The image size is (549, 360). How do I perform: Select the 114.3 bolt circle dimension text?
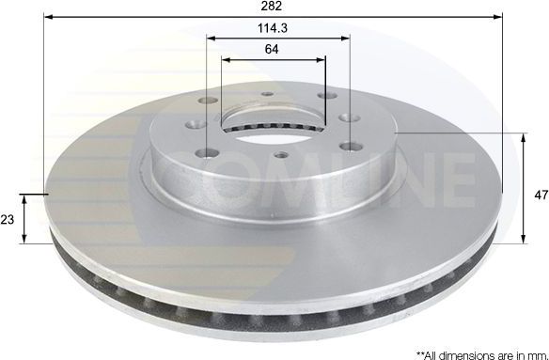tap(274, 29)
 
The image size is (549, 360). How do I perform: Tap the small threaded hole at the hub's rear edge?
tap(268, 95)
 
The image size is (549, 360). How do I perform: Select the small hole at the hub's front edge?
tap(279, 156)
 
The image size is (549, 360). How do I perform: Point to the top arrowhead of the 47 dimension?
tap(524, 137)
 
